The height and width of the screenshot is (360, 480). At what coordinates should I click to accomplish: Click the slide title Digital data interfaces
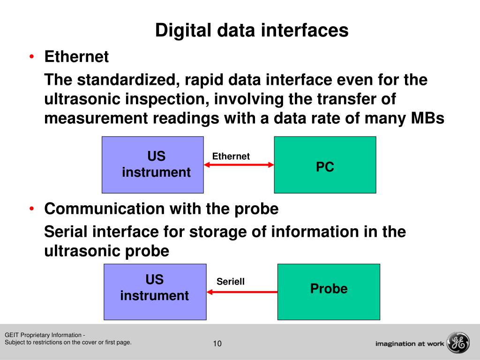pos(252,31)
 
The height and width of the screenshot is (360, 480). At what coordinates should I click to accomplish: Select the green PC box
pos(325,165)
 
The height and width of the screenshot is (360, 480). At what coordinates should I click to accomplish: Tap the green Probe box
pos(329,292)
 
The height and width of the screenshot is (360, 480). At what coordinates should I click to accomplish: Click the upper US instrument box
pos(153,165)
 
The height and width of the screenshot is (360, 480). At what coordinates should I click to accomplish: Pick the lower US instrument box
pos(155,292)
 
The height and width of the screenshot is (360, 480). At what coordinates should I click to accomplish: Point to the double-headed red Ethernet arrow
pos(239,165)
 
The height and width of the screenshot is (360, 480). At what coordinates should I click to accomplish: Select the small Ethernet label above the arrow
pos(231,157)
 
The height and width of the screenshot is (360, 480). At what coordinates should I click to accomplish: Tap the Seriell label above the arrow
pos(230,282)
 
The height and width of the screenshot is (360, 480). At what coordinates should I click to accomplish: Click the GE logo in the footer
pos(457,343)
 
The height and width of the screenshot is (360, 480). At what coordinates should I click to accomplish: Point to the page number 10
pos(217,344)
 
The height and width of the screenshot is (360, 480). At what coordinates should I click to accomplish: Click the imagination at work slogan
pos(409,344)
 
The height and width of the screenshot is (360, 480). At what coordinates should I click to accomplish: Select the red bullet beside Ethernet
pos(31,57)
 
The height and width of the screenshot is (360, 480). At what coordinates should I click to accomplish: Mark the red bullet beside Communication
pos(31,209)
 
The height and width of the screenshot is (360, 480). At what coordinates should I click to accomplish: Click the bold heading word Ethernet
pos(76,57)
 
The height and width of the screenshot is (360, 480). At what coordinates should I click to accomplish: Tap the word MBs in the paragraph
pos(427,119)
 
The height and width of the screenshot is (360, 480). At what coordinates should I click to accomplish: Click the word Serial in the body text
pos(66,232)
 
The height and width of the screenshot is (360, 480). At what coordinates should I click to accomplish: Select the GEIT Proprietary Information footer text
pos(44,335)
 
